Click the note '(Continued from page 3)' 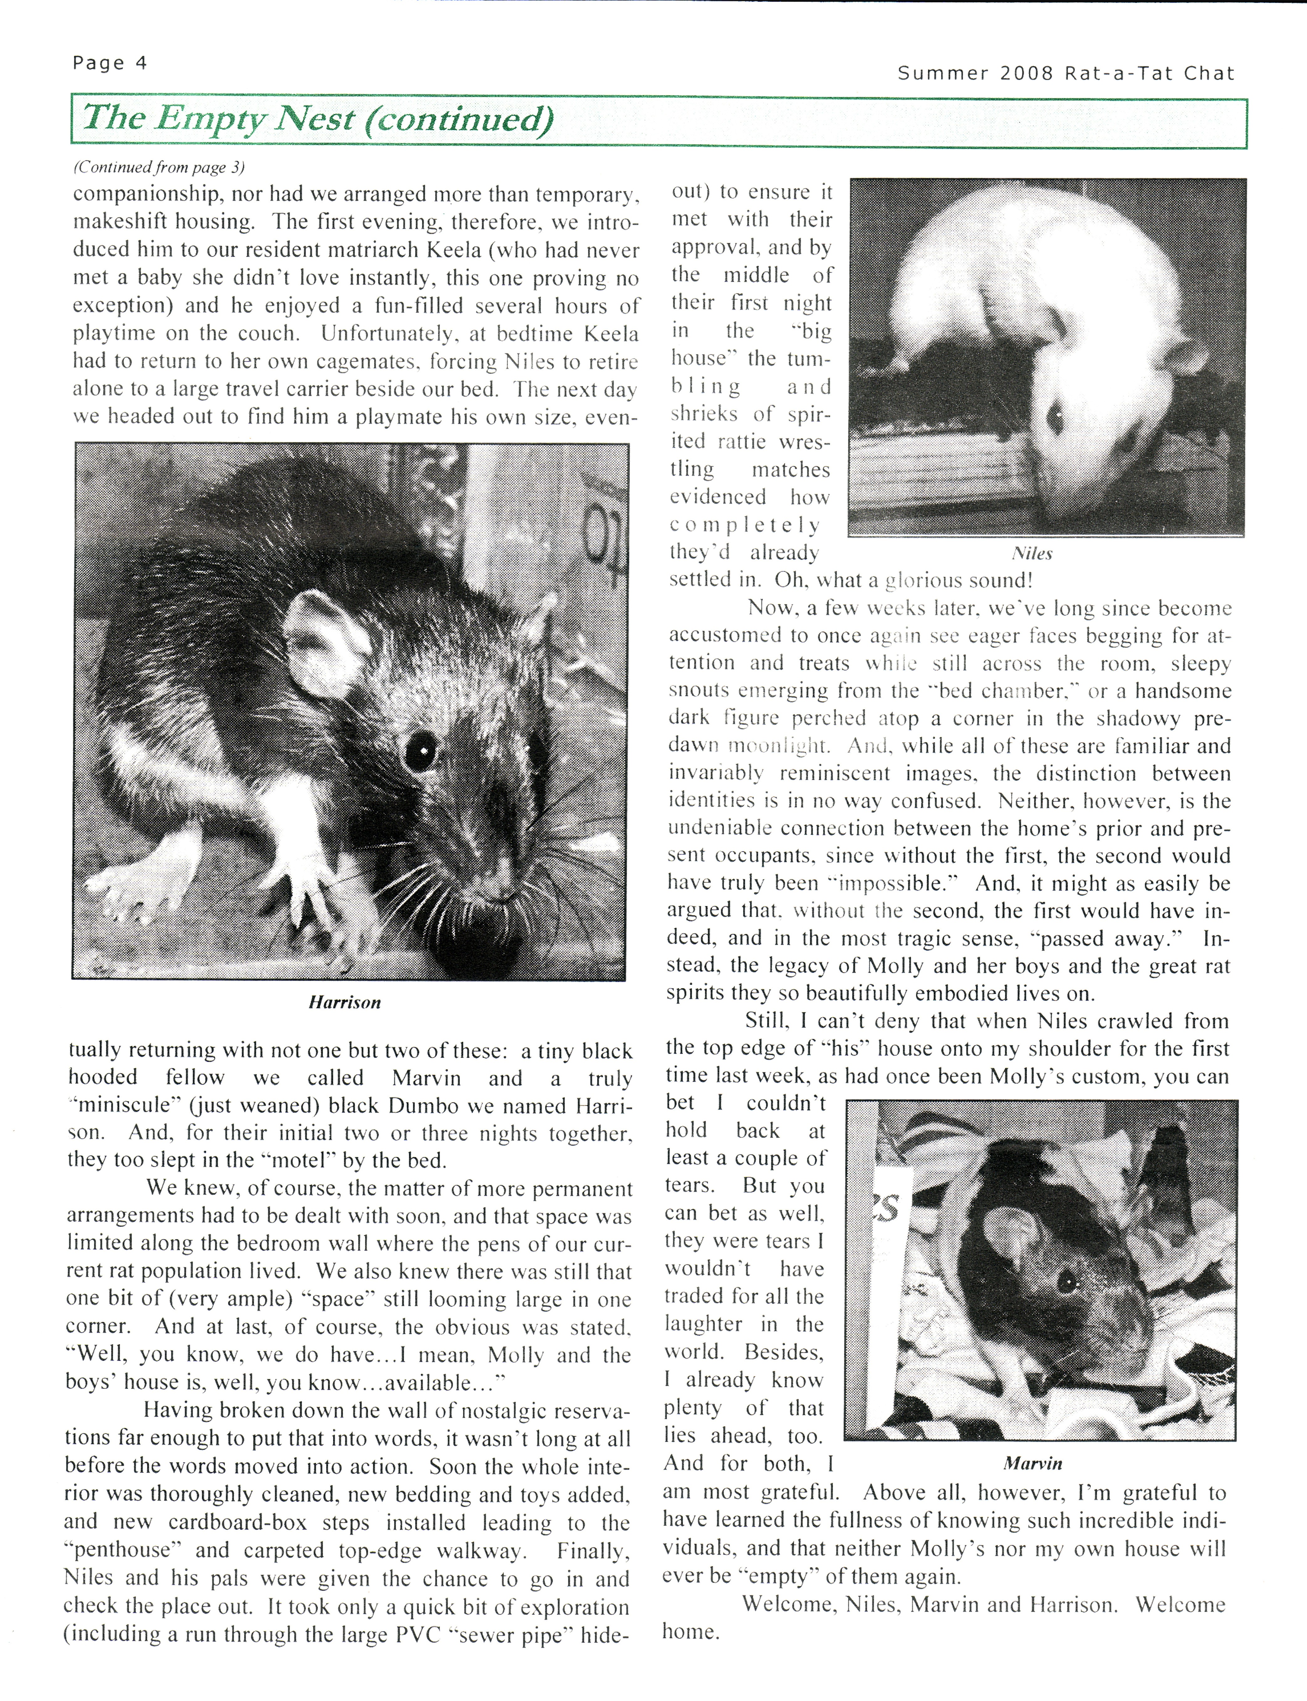pos(159,167)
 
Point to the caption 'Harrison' pos(345,1002)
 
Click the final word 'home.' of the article pos(690,1632)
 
